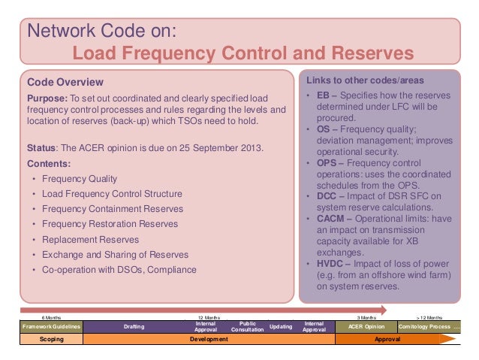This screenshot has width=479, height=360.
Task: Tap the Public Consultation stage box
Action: point(247,327)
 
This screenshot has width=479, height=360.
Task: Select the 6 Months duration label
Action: point(52,317)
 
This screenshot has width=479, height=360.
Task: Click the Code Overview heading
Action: point(65,82)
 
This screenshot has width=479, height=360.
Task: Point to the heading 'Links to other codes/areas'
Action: point(365,80)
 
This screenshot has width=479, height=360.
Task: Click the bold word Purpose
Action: point(47,99)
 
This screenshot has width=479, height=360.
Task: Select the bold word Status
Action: point(42,147)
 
